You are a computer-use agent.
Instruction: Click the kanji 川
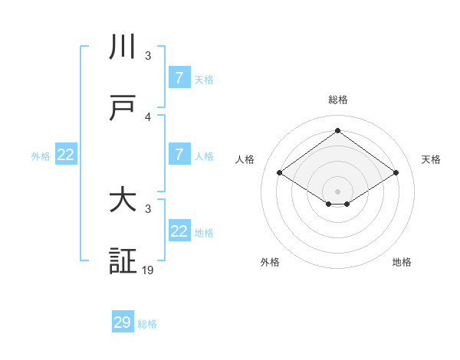click(x=123, y=47)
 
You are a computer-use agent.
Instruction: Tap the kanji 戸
click(x=123, y=108)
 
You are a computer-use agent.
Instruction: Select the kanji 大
click(x=123, y=201)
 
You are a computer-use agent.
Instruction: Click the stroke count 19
click(x=148, y=270)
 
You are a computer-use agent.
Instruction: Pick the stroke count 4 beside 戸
click(x=148, y=116)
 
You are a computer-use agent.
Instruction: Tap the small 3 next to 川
click(x=148, y=55)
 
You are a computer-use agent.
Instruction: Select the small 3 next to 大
click(x=148, y=208)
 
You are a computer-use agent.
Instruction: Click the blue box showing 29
click(x=123, y=322)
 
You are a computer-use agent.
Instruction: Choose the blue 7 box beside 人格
click(x=179, y=155)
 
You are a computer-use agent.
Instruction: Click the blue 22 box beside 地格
click(x=179, y=231)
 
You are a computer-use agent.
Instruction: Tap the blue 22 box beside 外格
click(x=66, y=155)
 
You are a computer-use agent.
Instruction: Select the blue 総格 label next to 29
click(x=147, y=324)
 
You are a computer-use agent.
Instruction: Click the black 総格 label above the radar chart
click(x=337, y=100)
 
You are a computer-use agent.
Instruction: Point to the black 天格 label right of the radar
click(x=431, y=159)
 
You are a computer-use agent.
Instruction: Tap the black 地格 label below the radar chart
click(x=402, y=262)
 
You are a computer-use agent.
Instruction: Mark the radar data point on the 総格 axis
click(x=337, y=131)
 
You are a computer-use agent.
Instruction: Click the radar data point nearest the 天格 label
click(x=396, y=173)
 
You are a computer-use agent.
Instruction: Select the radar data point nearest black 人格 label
click(x=280, y=173)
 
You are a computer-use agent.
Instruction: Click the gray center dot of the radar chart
click(x=337, y=191)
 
